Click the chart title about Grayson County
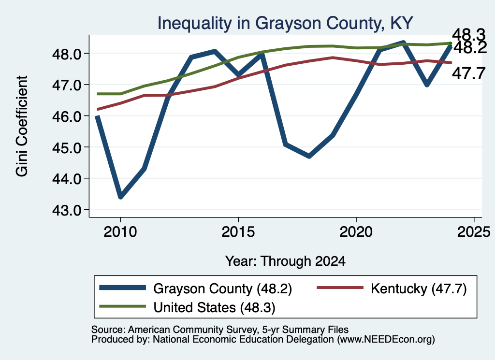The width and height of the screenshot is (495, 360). tap(285, 24)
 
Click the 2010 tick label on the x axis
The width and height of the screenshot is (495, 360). tap(120, 232)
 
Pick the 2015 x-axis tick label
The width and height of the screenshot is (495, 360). tap(238, 232)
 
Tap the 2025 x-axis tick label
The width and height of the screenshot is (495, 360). tap(474, 232)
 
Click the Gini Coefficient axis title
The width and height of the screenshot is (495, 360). tap(22, 126)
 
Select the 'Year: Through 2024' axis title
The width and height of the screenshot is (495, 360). tap(285, 261)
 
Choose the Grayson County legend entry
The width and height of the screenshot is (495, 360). tap(196, 288)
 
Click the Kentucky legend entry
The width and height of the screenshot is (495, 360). tap(392, 288)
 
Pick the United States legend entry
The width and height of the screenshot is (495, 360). tap(187, 307)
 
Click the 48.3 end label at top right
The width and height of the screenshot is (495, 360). tap(468, 34)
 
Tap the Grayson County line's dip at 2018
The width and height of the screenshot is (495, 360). tap(309, 156)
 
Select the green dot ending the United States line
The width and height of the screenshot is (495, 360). tap(451, 43)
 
